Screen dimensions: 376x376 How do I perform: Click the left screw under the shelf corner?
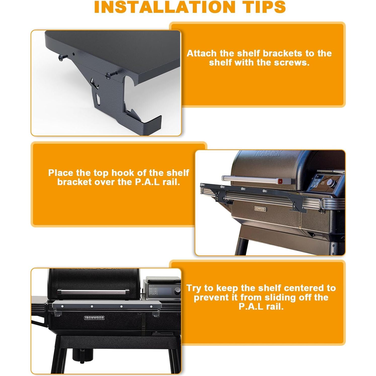point(62,58)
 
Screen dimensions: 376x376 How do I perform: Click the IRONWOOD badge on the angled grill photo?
point(260,209)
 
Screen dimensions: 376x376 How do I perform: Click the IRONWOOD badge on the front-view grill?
point(94,318)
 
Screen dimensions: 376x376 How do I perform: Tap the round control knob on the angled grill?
point(331,183)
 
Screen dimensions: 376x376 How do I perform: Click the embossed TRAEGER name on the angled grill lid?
point(267,153)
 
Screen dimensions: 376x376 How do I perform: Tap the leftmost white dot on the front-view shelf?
point(62,306)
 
